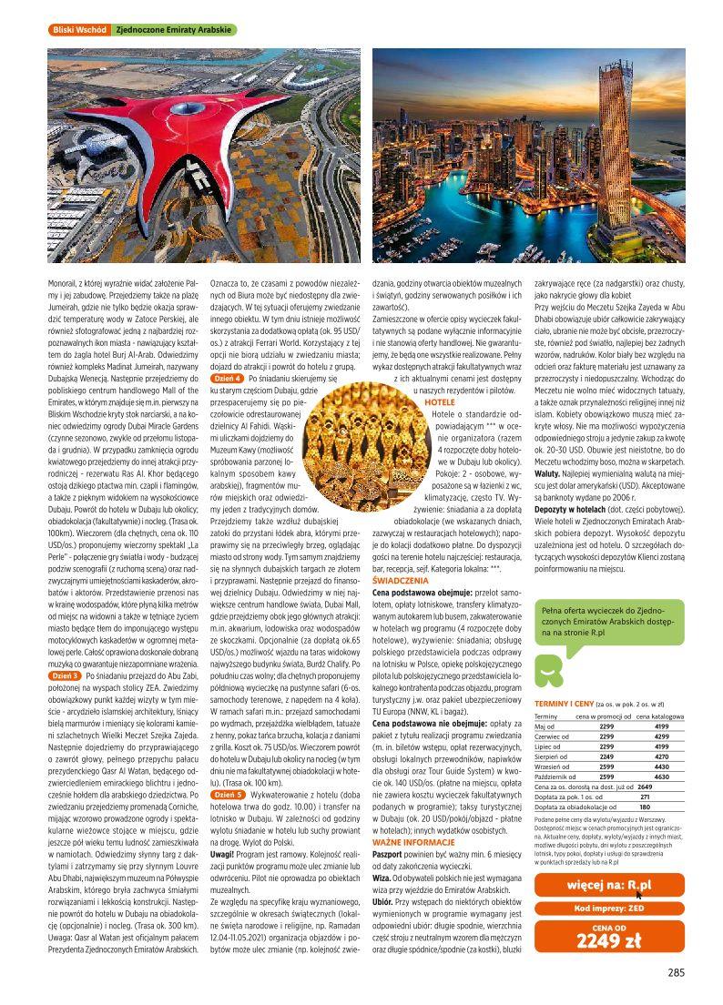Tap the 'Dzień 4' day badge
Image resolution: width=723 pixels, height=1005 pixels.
pyautogui.click(x=227, y=377)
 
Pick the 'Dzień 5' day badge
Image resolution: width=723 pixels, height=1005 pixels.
pyautogui.click(x=227, y=794)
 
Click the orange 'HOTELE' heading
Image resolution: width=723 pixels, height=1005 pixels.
pyautogui.click(x=440, y=401)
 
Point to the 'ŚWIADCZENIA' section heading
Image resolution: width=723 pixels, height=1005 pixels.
pyautogui.click(x=402, y=580)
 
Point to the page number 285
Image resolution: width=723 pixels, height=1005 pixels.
pyautogui.click(x=675, y=972)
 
